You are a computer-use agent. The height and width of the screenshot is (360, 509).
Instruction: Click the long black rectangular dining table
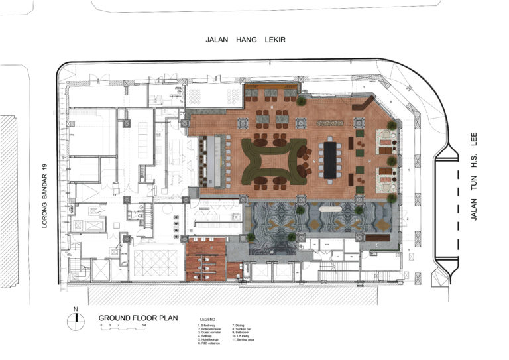point(329,159)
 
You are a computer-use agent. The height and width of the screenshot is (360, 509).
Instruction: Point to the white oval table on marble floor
point(329,208)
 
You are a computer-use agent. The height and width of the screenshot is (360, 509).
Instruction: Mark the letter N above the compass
point(77,309)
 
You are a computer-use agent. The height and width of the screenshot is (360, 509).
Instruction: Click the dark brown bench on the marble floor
point(378,236)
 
